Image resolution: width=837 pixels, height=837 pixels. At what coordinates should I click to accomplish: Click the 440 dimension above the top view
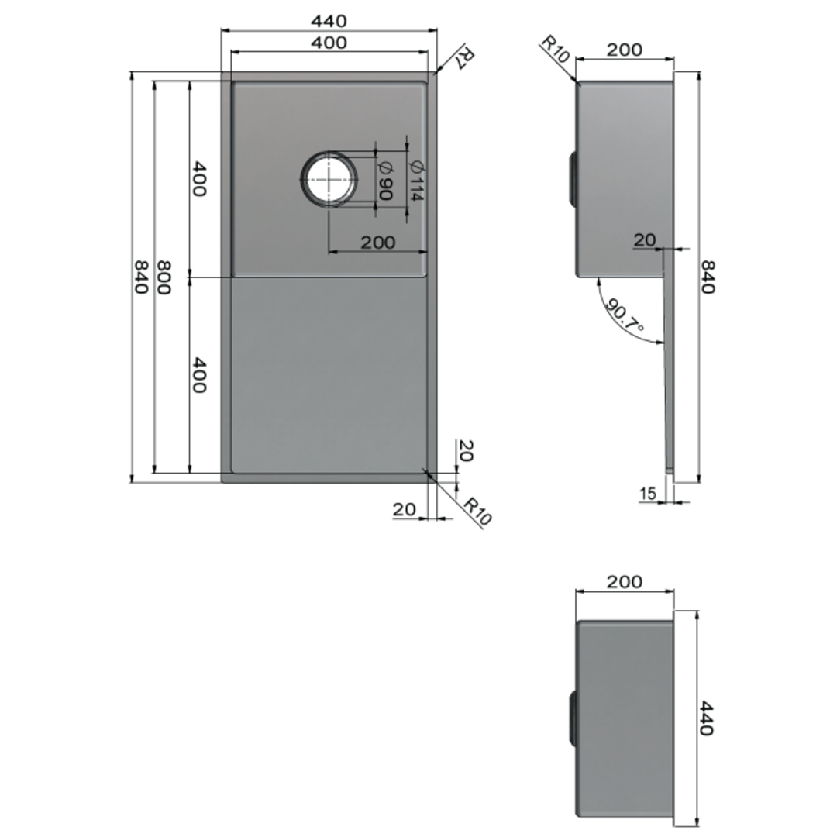click(x=329, y=22)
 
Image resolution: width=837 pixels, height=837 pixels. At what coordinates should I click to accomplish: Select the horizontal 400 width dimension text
click(x=329, y=43)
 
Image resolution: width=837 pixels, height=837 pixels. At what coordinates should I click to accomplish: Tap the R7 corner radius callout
click(x=465, y=57)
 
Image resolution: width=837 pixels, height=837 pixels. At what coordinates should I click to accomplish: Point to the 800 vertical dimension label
click(x=164, y=277)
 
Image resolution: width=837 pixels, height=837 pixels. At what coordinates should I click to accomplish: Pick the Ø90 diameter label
click(x=385, y=181)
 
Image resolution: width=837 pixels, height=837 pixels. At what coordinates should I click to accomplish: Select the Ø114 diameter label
click(x=416, y=181)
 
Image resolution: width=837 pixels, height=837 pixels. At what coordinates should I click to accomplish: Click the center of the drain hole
click(x=329, y=179)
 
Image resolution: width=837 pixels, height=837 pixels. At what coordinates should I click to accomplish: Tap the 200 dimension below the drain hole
click(x=378, y=243)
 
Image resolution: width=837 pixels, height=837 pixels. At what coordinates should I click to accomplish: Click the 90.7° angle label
click(x=625, y=315)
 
